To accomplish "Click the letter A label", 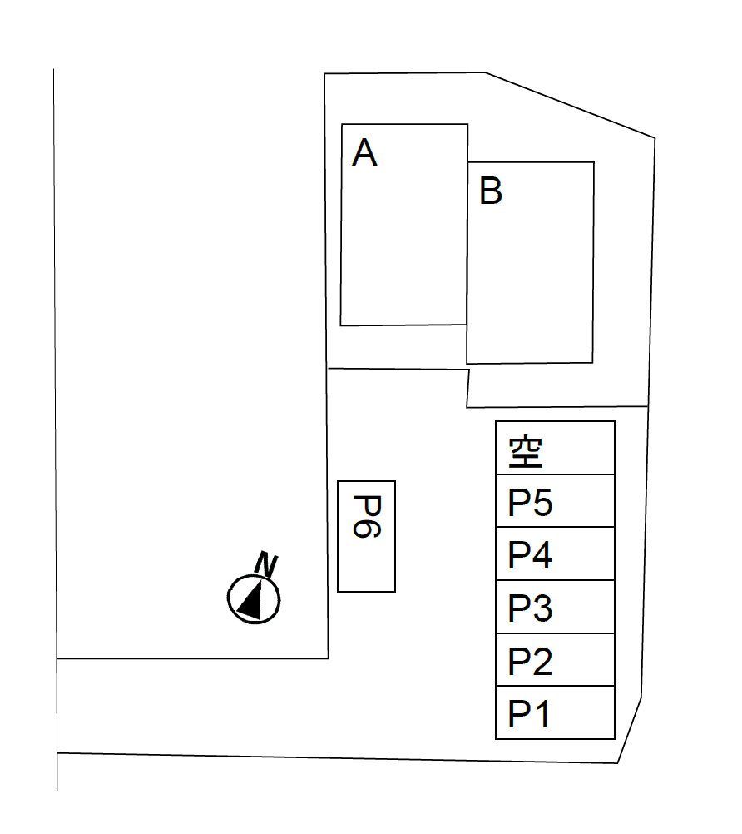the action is point(364,152).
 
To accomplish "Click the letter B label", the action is point(491,191).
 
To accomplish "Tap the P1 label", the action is point(528,713).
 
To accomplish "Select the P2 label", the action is point(530,661).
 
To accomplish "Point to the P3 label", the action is point(530,608).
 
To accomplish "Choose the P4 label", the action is point(530,554).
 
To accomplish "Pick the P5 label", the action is point(530,502).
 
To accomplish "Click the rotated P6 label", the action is point(368,517).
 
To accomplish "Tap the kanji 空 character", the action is point(526,452).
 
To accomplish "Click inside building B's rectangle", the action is point(530,263).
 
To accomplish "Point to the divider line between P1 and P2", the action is point(556,686).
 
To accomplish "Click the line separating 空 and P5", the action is point(556,474).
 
